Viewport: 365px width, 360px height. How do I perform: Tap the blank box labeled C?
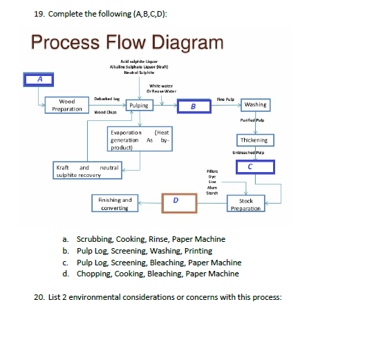[x=256, y=167]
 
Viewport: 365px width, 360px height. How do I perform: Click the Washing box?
[x=256, y=105]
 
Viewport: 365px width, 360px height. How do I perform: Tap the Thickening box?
[x=255, y=140]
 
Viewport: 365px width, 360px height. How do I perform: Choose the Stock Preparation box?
[x=246, y=205]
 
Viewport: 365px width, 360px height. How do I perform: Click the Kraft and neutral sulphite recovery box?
[x=87, y=171]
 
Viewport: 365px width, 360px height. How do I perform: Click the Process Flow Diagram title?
[x=128, y=42]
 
